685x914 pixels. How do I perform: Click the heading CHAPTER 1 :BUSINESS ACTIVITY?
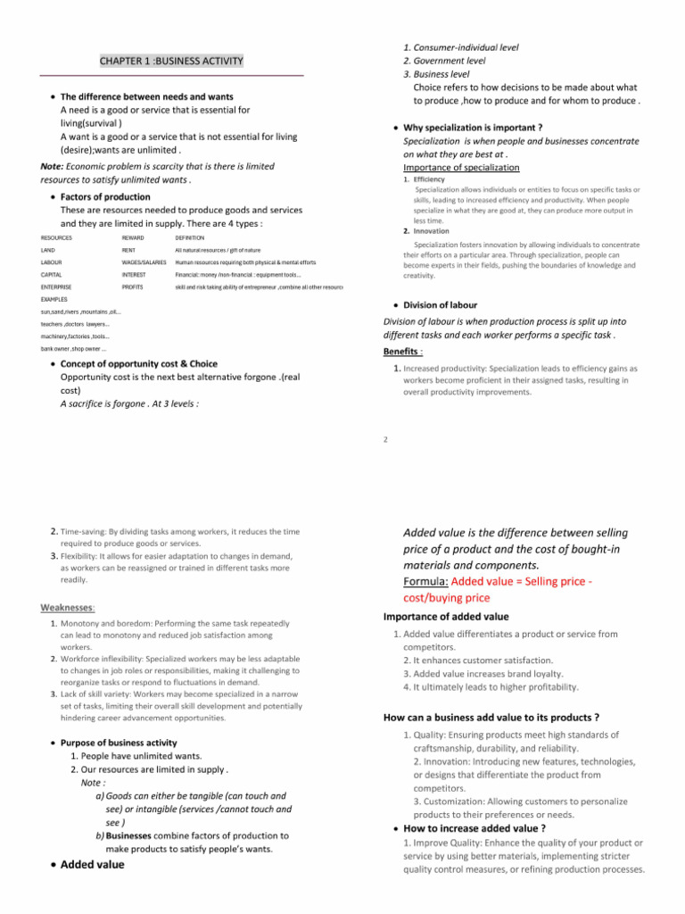pos(170,61)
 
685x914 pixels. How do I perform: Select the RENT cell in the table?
pos(130,250)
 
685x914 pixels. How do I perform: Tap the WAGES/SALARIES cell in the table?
pos(144,263)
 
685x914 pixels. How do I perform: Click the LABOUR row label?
pos(53,263)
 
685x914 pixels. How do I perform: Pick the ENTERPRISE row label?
pos(58,288)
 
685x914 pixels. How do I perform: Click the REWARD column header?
pos(134,238)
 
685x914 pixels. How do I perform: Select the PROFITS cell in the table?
pos(133,288)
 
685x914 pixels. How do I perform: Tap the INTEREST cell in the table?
pos(135,276)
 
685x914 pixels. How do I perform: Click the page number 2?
pos(384,438)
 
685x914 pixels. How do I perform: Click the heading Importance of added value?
pos(447,616)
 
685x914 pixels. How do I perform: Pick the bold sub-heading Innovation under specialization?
pos(433,231)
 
